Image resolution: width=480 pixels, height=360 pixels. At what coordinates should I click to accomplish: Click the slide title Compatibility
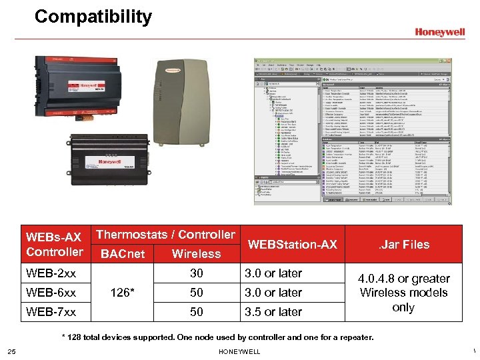tap(93, 17)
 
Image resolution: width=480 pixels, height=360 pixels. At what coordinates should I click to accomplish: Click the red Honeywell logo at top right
tap(439, 31)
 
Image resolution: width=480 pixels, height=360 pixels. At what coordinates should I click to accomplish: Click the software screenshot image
tap(351, 131)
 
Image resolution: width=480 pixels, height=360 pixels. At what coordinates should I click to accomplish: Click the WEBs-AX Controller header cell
tap(54, 244)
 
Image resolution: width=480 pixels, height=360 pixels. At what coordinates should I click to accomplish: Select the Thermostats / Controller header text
tap(166, 235)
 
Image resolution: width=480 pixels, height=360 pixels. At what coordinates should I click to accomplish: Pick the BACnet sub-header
tap(122, 253)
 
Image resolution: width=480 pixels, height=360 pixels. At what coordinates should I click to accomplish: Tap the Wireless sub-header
tap(196, 253)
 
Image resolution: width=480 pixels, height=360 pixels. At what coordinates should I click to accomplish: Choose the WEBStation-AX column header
tap(293, 245)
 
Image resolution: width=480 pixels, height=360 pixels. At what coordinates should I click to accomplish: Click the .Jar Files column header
tap(404, 244)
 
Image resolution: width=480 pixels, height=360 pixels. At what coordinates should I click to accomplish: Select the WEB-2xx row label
tap(51, 273)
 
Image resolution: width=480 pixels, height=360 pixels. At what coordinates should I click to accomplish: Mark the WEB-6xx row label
tap(51, 293)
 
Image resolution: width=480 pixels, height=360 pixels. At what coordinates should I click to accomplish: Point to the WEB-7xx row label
tap(51, 312)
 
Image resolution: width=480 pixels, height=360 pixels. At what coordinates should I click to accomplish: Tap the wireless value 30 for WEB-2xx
tap(196, 273)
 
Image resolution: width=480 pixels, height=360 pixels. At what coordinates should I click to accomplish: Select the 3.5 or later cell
tap(273, 312)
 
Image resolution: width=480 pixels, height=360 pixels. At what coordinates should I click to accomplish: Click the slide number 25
tap(12, 351)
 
